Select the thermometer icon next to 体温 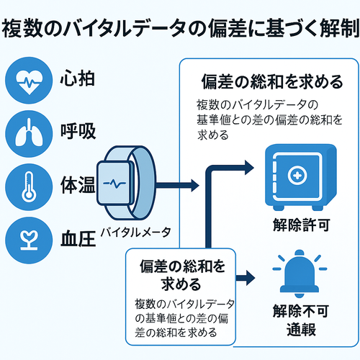(27, 184)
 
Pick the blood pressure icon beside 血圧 (27, 235)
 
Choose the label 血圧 (75, 235)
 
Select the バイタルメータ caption (135, 232)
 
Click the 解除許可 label (301, 225)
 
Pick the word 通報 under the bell (301, 332)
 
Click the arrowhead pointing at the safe (248, 167)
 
